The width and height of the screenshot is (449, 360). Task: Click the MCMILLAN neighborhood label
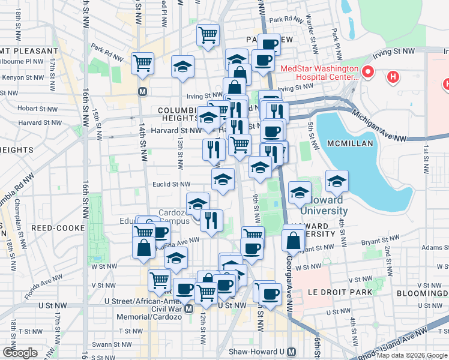point(351,144)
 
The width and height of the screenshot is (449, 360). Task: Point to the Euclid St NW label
point(172,185)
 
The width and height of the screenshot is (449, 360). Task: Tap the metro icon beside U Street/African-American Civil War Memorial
point(188,308)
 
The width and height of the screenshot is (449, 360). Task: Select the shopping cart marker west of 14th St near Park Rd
point(143,62)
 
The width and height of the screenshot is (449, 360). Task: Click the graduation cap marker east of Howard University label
point(337,181)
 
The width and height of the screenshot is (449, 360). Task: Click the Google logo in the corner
point(20,353)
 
